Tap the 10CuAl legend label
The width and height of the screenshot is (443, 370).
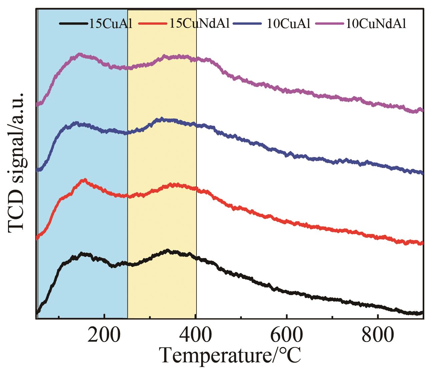289,24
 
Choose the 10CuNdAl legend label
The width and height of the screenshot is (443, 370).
376,24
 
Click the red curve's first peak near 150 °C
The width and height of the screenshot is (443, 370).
84,180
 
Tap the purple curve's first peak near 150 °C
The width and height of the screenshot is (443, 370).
79,54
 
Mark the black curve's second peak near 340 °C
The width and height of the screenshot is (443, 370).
168,250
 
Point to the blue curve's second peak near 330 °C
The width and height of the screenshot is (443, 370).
161,118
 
